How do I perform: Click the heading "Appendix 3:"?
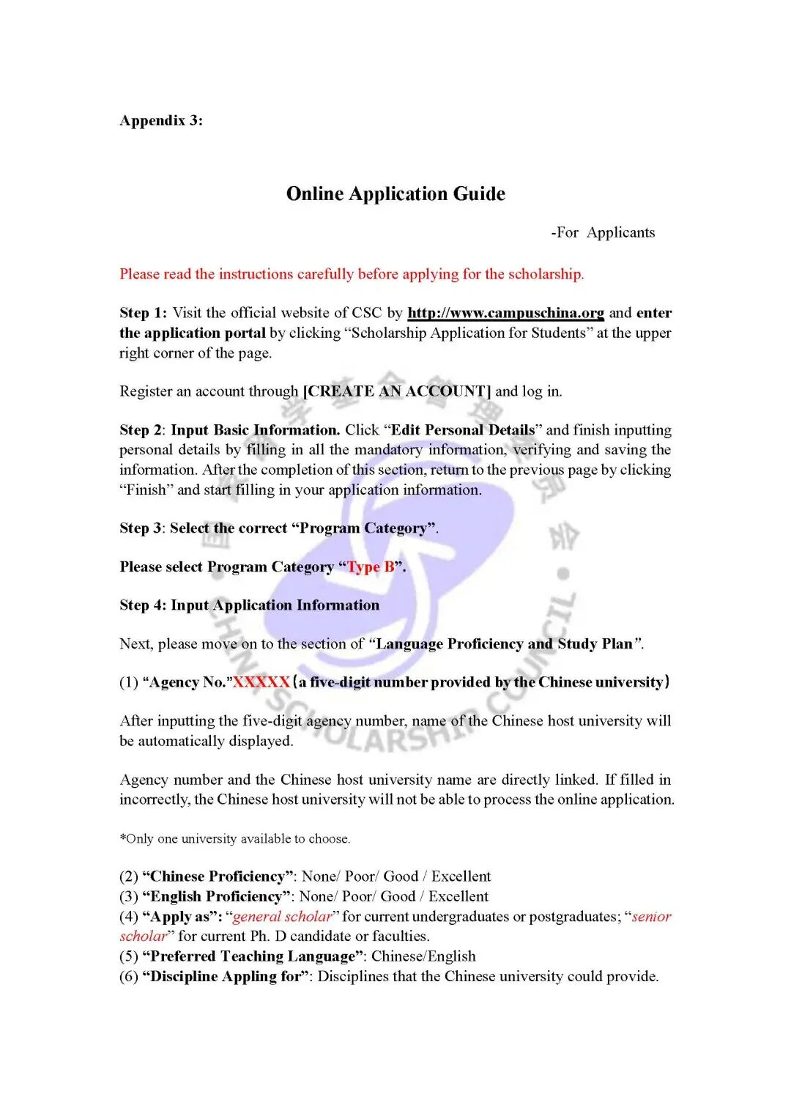click(x=161, y=121)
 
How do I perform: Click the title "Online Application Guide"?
click(x=395, y=194)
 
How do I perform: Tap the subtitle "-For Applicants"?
click(x=603, y=233)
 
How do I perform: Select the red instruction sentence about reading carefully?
click(x=352, y=274)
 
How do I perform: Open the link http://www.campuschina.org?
click(x=505, y=313)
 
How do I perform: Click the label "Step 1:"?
click(x=143, y=313)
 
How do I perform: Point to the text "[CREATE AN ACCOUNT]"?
click(x=397, y=391)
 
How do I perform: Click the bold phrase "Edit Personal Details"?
click(x=463, y=430)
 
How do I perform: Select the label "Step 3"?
click(x=141, y=528)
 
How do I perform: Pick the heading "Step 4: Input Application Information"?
click(x=249, y=605)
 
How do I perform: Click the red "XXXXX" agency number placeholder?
click(x=261, y=682)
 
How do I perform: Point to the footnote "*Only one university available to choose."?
click(x=235, y=839)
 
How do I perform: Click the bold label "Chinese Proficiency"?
click(x=218, y=876)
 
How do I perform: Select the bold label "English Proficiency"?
click(x=216, y=896)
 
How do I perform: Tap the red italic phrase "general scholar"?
click(x=282, y=917)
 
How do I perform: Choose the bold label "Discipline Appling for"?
click(x=226, y=976)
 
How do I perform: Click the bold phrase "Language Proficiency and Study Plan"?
click(x=504, y=644)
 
